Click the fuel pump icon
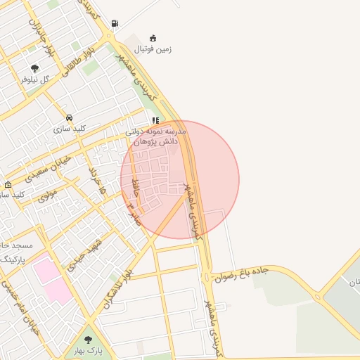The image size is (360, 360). tap(115, 22)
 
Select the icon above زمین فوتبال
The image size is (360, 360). tap(153, 38)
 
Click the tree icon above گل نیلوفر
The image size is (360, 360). tap(34, 68)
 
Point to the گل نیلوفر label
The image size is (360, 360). tap(34, 79)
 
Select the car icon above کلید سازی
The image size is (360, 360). tap(69, 117)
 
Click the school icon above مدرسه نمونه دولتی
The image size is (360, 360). tap(156, 120)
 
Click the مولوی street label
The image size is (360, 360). tap(47, 195)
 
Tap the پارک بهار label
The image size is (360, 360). tap(89, 350)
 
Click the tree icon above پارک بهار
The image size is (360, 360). tap(88, 340)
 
